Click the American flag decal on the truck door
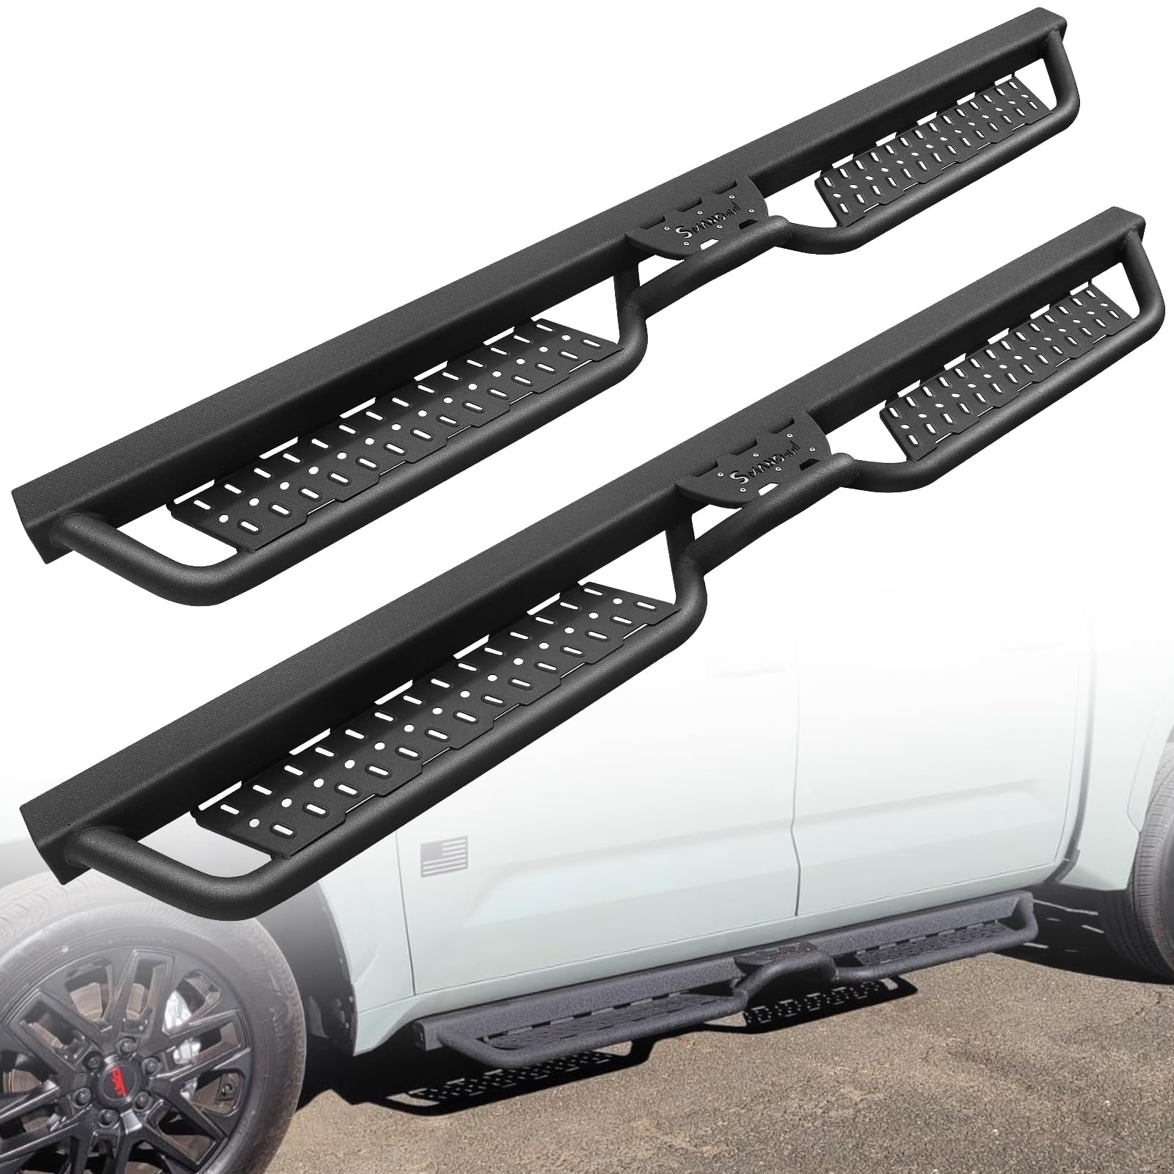(x=445, y=856)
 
